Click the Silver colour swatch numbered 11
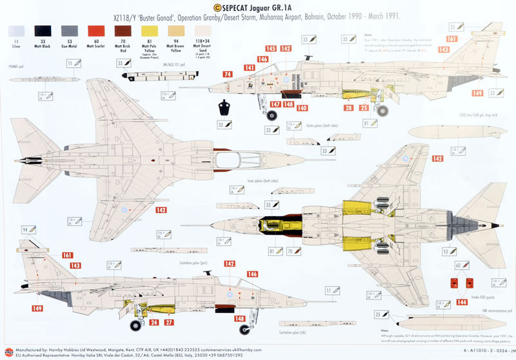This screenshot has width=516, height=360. (17, 30)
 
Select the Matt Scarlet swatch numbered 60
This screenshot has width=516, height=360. (96, 30)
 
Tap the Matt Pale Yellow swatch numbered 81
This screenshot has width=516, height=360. (149, 30)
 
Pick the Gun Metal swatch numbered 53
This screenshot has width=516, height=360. (70, 30)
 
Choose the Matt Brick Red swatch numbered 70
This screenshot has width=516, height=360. (123, 30)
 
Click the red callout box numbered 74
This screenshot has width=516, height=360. (228, 75)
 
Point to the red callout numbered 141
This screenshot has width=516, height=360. (250, 68)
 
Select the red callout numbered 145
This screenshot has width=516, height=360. (270, 49)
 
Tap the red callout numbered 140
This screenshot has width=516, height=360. (302, 108)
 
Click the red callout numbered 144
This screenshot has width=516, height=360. (461, 301)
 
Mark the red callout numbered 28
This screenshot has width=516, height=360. (348, 108)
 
